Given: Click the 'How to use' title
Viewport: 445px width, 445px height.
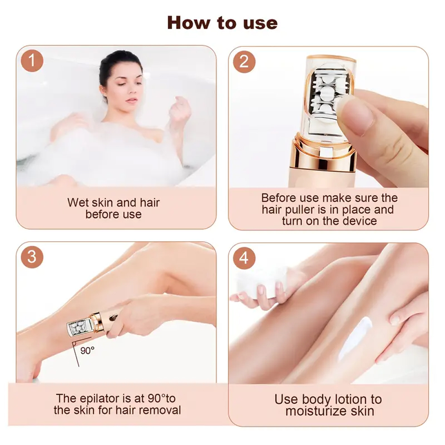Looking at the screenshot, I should click(222, 22).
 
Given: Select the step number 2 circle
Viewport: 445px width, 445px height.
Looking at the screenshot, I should click(244, 61).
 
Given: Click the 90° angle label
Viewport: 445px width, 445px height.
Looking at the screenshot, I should click(87, 351).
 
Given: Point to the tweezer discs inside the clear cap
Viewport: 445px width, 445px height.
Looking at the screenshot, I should click(326, 96).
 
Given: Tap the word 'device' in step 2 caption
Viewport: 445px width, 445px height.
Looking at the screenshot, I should click(358, 221).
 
